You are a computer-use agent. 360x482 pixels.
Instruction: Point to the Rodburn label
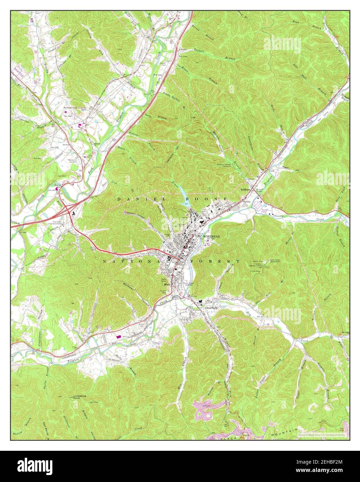246,190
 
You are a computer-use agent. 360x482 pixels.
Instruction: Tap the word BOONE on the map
207,199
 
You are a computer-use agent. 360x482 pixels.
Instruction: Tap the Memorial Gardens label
72,161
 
